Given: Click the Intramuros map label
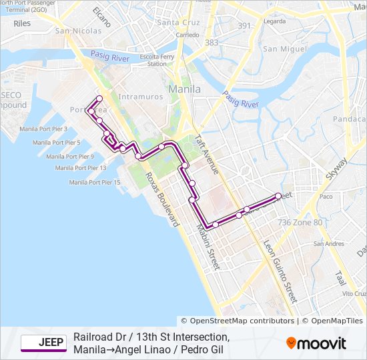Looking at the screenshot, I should pos(140,97).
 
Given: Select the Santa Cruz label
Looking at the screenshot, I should pos(178,22).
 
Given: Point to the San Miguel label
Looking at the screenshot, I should pos(284,49).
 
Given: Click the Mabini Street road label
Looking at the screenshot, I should pos(208,247).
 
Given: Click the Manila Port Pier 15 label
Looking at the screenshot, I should pos(94,182).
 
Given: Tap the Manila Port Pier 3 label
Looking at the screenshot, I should pos(43,129).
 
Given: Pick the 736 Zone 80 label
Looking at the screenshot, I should pos(300,222).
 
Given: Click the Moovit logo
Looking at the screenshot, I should pos(316,343).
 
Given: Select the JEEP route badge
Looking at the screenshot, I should pos(43,343).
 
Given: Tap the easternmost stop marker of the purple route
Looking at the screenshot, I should pos(278,195).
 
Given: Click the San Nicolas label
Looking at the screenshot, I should pos(78,31).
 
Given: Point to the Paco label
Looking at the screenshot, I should pos(326,197).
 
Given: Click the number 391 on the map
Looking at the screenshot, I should pos(245,26).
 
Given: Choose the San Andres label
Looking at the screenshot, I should pos(328,244).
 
